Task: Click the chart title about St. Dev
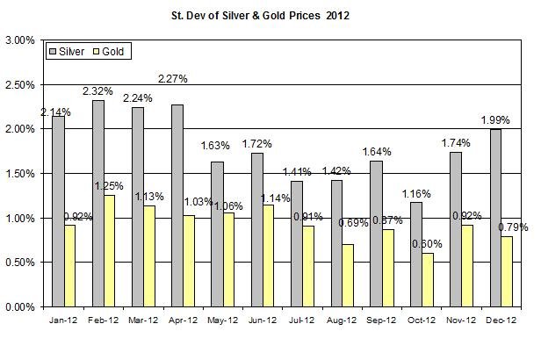271,16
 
